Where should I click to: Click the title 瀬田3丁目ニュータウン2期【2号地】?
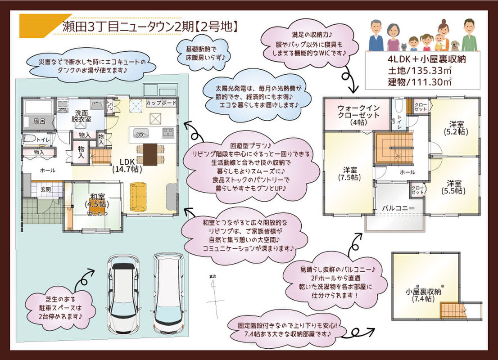coord(149,27)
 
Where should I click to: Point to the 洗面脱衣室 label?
coord(81,116)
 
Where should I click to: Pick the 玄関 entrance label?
coord(46,189)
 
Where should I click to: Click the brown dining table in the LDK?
coord(151,154)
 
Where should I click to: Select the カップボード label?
coord(161,103)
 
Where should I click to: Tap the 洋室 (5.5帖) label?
coord(454,187)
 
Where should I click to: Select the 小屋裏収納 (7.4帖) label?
coord(422,295)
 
